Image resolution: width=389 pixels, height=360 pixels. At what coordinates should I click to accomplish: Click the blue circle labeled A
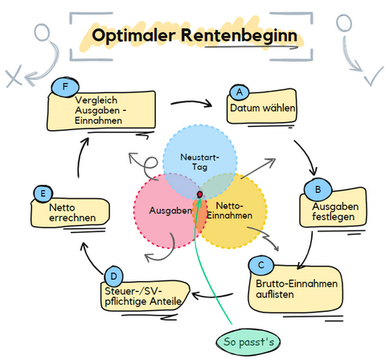tap(240, 92)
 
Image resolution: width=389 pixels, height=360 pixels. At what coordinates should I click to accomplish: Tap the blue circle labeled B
tap(318, 190)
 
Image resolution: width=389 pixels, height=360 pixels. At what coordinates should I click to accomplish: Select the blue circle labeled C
tap(261, 265)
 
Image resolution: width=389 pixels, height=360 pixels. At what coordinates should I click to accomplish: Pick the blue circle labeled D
tap(113, 276)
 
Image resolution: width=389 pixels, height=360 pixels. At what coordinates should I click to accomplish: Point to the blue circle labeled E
tap(43, 194)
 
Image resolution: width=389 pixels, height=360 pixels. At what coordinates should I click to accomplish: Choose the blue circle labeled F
tap(65, 87)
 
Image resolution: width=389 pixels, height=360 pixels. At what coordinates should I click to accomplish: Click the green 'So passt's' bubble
tap(248, 342)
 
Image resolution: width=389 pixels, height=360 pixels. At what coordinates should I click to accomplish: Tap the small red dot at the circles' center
tap(200, 194)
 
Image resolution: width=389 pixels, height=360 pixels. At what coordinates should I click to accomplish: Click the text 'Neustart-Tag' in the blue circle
tap(199, 162)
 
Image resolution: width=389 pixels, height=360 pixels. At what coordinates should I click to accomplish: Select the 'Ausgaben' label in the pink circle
tap(170, 211)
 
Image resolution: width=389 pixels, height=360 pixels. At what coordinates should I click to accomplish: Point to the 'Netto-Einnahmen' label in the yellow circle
tap(230, 211)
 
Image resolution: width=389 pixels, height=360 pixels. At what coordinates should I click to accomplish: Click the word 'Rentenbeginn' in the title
tap(240, 35)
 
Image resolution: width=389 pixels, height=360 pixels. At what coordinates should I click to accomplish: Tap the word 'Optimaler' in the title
tap(133, 35)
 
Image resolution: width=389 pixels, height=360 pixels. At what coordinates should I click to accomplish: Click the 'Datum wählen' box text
tap(263, 108)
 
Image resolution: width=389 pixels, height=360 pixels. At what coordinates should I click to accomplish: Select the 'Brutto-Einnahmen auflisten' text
tap(297, 289)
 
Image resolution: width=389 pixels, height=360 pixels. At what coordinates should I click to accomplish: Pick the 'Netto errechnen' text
tap(72, 213)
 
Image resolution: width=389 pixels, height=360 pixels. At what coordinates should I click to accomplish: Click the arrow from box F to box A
tap(191, 102)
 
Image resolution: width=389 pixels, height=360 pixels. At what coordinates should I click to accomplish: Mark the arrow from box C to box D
tap(212, 296)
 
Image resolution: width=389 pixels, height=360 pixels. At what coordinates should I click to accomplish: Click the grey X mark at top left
tap(14, 76)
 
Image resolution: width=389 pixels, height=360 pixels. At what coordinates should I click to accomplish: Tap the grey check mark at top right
tap(374, 76)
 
